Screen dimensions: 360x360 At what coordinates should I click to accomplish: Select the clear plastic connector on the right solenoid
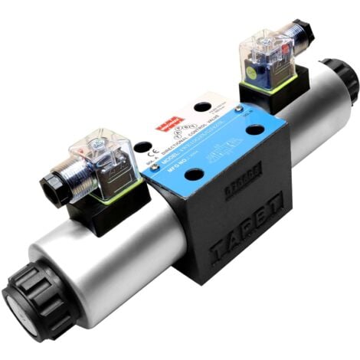click(x=268, y=57)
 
